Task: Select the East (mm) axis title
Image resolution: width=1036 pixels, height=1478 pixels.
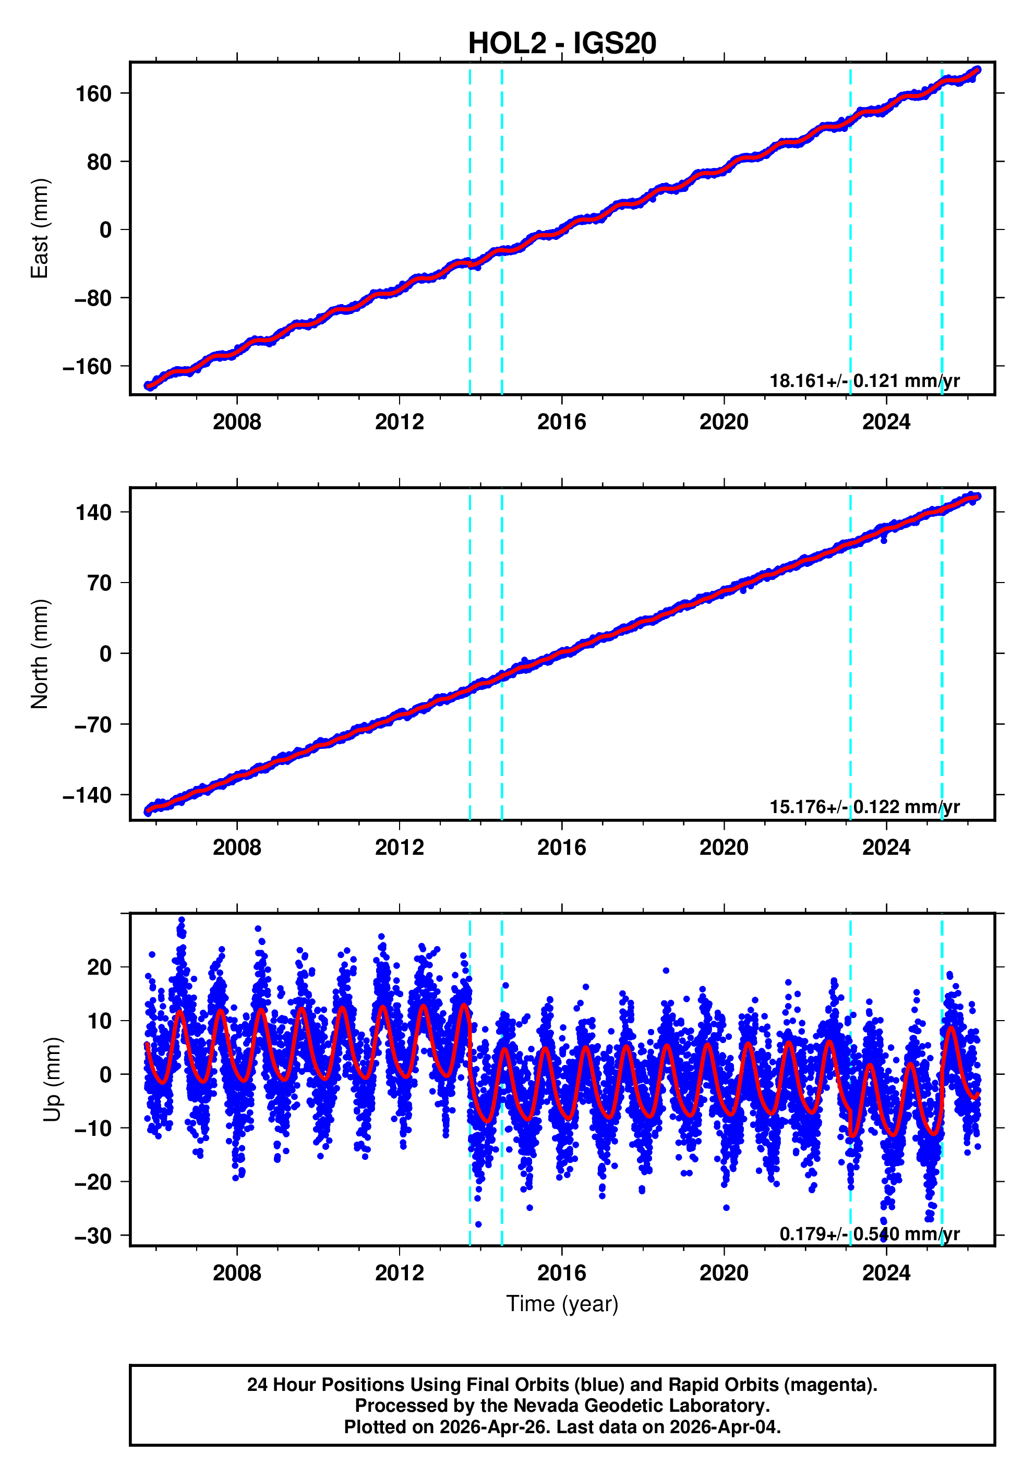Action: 40,228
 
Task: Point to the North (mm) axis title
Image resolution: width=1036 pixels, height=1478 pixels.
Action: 40,654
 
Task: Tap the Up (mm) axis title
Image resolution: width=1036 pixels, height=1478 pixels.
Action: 53,1080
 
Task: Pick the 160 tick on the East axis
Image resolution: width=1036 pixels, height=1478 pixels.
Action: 93,94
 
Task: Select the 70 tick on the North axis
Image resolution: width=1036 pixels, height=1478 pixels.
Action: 100,583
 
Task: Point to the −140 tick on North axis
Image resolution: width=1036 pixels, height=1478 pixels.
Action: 87,796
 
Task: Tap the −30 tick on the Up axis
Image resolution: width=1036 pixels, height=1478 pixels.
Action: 93,1237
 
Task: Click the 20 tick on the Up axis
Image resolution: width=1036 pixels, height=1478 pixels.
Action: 99,967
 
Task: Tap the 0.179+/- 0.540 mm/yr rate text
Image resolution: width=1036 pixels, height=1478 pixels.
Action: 869,1234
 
